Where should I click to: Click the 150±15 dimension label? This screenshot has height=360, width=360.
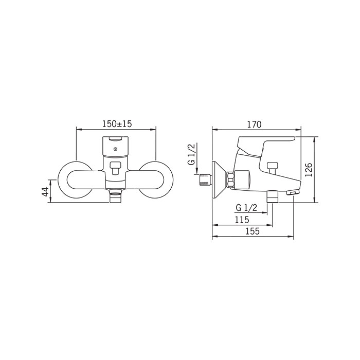(x=117, y=124)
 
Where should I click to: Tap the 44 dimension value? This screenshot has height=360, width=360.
(x=45, y=192)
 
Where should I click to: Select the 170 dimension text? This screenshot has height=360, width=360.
(x=254, y=124)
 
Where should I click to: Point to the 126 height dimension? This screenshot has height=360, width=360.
(x=309, y=170)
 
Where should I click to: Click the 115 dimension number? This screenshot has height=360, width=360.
(x=242, y=220)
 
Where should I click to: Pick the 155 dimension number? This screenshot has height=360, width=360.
(x=253, y=231)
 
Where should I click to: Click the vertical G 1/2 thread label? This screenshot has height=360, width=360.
(x=191, y=154)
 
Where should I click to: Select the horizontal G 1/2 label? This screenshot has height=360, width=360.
(x=246, y=208)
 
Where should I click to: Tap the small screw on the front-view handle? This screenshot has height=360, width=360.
(x=115, y=149)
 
